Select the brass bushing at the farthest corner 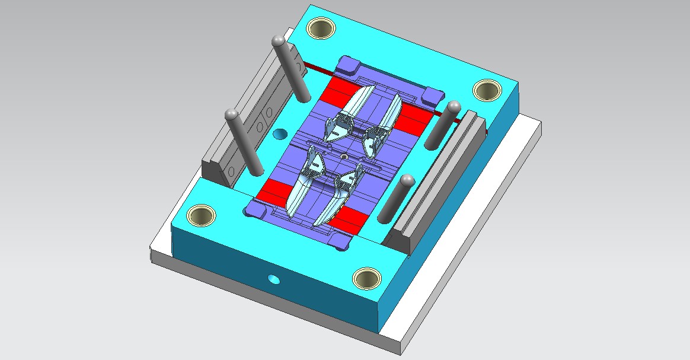coord(321,27)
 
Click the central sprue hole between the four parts coord(344,157)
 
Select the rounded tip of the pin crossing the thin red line coord(453,107)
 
